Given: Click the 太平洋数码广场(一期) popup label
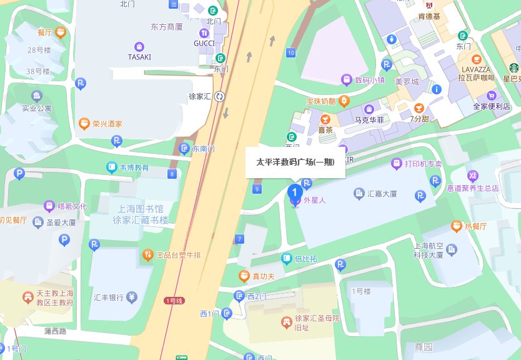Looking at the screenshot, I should tap(295, 162).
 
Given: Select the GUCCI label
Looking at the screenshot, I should tap(204, 43).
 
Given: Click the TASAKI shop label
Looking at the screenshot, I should tap(139, 56).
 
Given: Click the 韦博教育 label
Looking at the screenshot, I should tap(135, 167).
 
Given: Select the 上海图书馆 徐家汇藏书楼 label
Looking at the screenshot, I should tap(141, 214).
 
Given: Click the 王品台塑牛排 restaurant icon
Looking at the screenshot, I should tap(147, 254).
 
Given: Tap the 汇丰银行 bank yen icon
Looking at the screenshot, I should tap(132, 297).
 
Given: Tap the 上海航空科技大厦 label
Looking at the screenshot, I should tap(428, 250).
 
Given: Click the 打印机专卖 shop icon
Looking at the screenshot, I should tap(396, 164).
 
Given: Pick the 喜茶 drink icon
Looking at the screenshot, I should tap(324, 119).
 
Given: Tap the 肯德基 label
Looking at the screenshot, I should tap(429, 16).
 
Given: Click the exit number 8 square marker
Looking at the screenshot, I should tap(171, 174).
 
